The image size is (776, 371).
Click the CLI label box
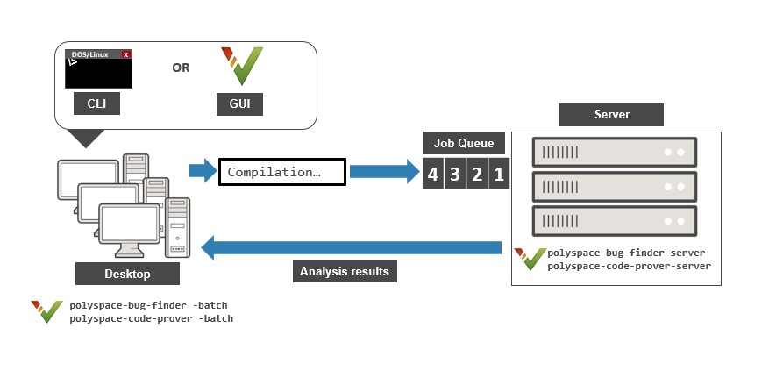tap(96, 104)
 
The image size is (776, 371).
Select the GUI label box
tap(239, 104)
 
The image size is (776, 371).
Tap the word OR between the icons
tap(181, 68)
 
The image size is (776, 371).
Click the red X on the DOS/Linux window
tap(126, 54)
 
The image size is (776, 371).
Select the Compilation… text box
tap(281, 172)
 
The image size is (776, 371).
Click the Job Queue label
tap(464, 143)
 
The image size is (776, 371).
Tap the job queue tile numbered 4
tap(432, 174)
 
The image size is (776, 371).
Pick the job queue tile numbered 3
tap(454, 174)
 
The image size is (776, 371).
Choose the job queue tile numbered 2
tap(476, 174)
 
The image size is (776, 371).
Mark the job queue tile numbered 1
tap(498, 174)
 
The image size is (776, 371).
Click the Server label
tap(611, 115)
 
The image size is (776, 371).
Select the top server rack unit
tap(614, 153)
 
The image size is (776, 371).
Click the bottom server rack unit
tap(614, 218)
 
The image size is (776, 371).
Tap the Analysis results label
tap(344, 271)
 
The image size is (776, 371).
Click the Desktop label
tap(127, 274)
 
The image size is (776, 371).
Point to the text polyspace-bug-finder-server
tap(626, 253)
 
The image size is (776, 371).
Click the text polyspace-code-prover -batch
tap(151, 318)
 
